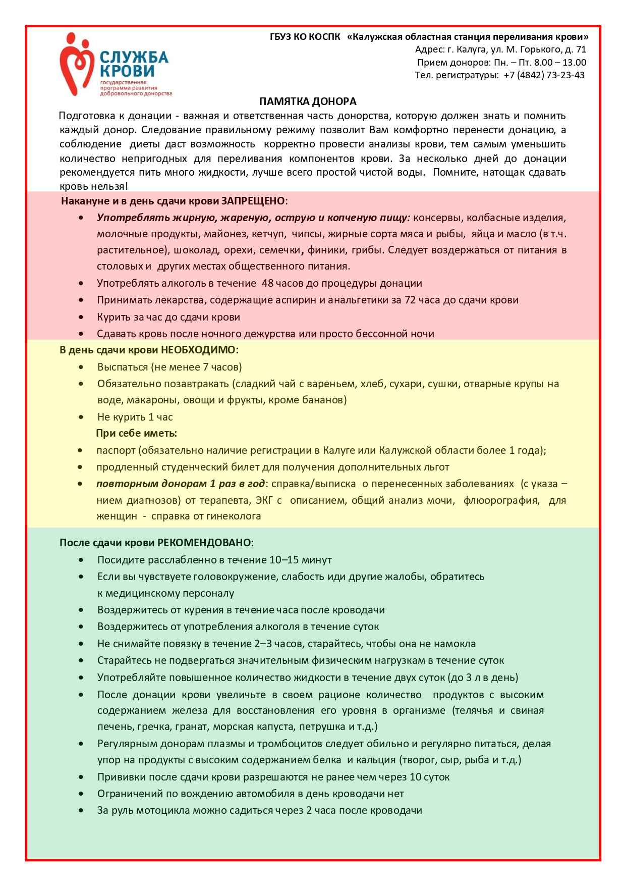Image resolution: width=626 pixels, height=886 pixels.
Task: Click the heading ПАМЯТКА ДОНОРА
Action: pyautogui.click(x=308, y=101)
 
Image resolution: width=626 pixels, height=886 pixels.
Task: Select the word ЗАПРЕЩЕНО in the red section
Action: pyautogui.click(x=253, y=201)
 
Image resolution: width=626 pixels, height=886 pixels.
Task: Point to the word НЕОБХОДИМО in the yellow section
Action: pyautogui.click(x=198, y=350)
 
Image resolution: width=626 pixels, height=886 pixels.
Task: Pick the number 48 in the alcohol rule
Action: pyautogui.click(x=267, y=283)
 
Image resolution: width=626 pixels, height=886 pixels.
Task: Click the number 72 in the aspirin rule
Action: pyautogui.click(x=410, y=300)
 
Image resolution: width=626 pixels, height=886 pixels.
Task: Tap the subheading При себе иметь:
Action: pyautogui.click(x=136, y=433)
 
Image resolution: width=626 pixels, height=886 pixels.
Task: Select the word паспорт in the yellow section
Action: pyautogui.click(x=116, y=450)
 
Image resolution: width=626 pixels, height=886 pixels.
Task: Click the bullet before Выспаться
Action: pyautogui.click(x=81, y=367)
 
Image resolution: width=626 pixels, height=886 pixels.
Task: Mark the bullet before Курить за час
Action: pyautogui.click(x=81, y=317)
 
